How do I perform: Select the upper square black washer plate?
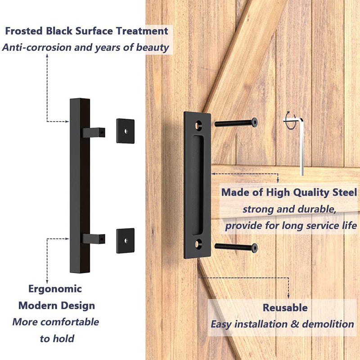pyautogui.click(x=125, y=131)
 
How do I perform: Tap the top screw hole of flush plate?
pyautogui.click(x=197, y=123)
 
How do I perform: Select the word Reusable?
pyautogui.click(x=285, y=308)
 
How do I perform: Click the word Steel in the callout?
pyautogui.click(x=344, y=193)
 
